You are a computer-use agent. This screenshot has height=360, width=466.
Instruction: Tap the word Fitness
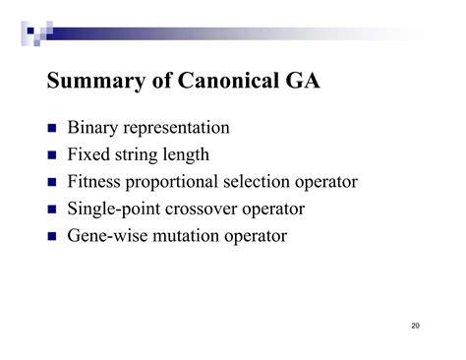click(x=96, y=182)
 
